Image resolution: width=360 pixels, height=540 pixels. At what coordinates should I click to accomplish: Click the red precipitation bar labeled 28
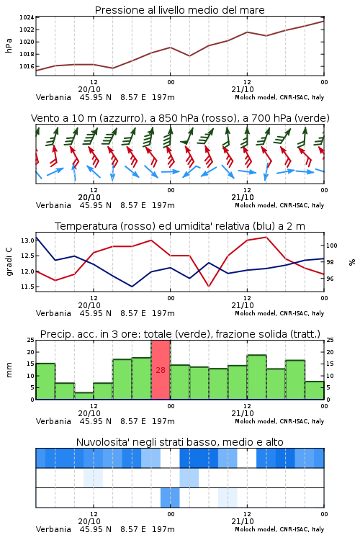[x=161, y=370]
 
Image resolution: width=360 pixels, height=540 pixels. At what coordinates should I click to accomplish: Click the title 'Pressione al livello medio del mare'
[x=179, y=10]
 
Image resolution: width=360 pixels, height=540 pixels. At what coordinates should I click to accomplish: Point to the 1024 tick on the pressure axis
[x=27, y=17]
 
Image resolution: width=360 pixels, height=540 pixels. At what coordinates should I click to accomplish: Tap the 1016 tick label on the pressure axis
[x=27, y=66]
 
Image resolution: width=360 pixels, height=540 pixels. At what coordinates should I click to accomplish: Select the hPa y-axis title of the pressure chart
[x=9, y=45]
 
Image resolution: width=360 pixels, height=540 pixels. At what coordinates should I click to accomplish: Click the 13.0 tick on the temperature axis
[x=27, y=240]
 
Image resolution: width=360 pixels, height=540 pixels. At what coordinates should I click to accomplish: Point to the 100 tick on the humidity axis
[x=331, y=246]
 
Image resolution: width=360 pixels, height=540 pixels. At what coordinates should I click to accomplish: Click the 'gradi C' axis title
[x=9, y=262]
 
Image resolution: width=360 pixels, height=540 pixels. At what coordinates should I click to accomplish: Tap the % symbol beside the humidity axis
[x=352, y=262]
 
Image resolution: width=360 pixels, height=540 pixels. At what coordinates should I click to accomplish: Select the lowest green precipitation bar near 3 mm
[x=84, y=396]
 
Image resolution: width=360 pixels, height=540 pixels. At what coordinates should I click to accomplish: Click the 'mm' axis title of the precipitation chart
[x=9, y=370]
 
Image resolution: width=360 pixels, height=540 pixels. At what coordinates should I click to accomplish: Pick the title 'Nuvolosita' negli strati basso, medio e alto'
[x=179, y=442]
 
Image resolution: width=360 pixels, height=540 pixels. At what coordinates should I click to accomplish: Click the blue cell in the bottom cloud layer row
[x=170, y=498]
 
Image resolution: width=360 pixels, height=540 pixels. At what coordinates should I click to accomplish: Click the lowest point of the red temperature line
[x=208, y=286]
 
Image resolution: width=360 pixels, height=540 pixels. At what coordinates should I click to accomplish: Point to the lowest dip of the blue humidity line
[x=132, y=286]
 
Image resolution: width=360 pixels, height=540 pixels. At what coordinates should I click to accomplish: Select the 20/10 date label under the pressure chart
[x=89, y=89]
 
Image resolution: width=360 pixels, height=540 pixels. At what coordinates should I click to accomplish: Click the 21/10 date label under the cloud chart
[x=243, y=521]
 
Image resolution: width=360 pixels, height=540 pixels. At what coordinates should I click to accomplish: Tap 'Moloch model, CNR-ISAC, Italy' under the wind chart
[x=279, y=205]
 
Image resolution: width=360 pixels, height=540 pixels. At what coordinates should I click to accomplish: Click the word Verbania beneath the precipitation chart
[x=53, y=421]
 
